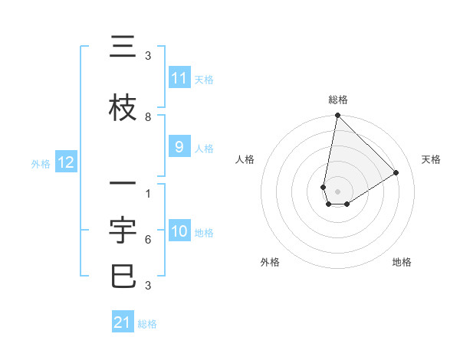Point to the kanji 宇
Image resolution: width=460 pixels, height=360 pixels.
123,231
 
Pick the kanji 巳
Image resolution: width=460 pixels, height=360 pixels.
123,276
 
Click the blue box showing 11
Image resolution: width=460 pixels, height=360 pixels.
179,78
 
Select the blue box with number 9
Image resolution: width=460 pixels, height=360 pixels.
179,147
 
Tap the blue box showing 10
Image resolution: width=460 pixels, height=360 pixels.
179,231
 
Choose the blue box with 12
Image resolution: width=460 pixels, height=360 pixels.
66,162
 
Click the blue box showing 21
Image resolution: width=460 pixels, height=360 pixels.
123,322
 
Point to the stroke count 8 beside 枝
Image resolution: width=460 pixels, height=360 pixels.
148,117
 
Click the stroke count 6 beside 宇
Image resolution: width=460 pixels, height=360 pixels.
148,240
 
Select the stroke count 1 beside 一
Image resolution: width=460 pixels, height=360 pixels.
148,194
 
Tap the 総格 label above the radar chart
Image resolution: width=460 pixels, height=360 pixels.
338,100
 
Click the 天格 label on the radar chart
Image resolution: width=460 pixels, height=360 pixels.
432,159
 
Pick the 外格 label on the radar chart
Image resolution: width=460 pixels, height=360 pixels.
270,262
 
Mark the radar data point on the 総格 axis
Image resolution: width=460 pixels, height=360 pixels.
337,116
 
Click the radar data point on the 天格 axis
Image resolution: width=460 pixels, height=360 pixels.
396,172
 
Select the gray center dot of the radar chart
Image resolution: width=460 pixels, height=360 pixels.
338,191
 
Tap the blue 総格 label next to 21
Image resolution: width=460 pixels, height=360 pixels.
147,324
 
